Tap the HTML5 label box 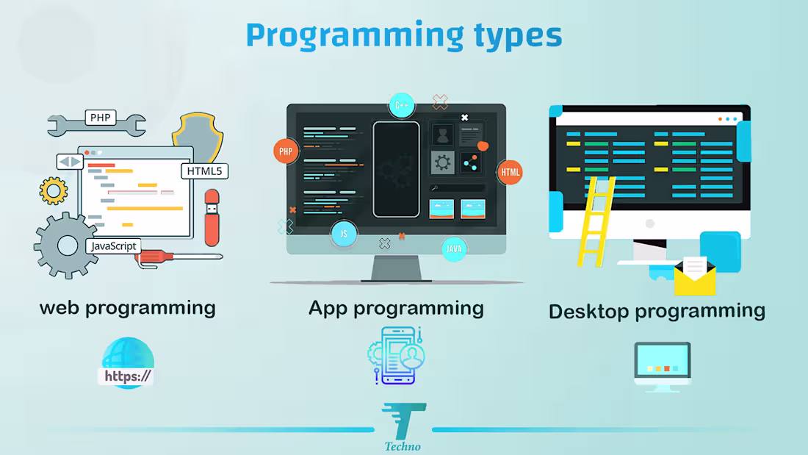[x=204, y=171]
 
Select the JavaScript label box [x=113, y=246]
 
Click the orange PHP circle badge [x=286, y=152]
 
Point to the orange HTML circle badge [x=510, y=173]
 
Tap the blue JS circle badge [x=343, y=234]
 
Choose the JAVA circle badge [x=454, y=249]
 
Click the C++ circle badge [x=401, y=105]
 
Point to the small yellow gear [x=54, y=190]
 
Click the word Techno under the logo [x=403, y=446]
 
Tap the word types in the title [x=514, y=35]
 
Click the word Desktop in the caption [x=590, y=311]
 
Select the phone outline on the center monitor [x=396, y=169]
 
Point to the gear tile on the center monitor [x=443, y=162]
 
